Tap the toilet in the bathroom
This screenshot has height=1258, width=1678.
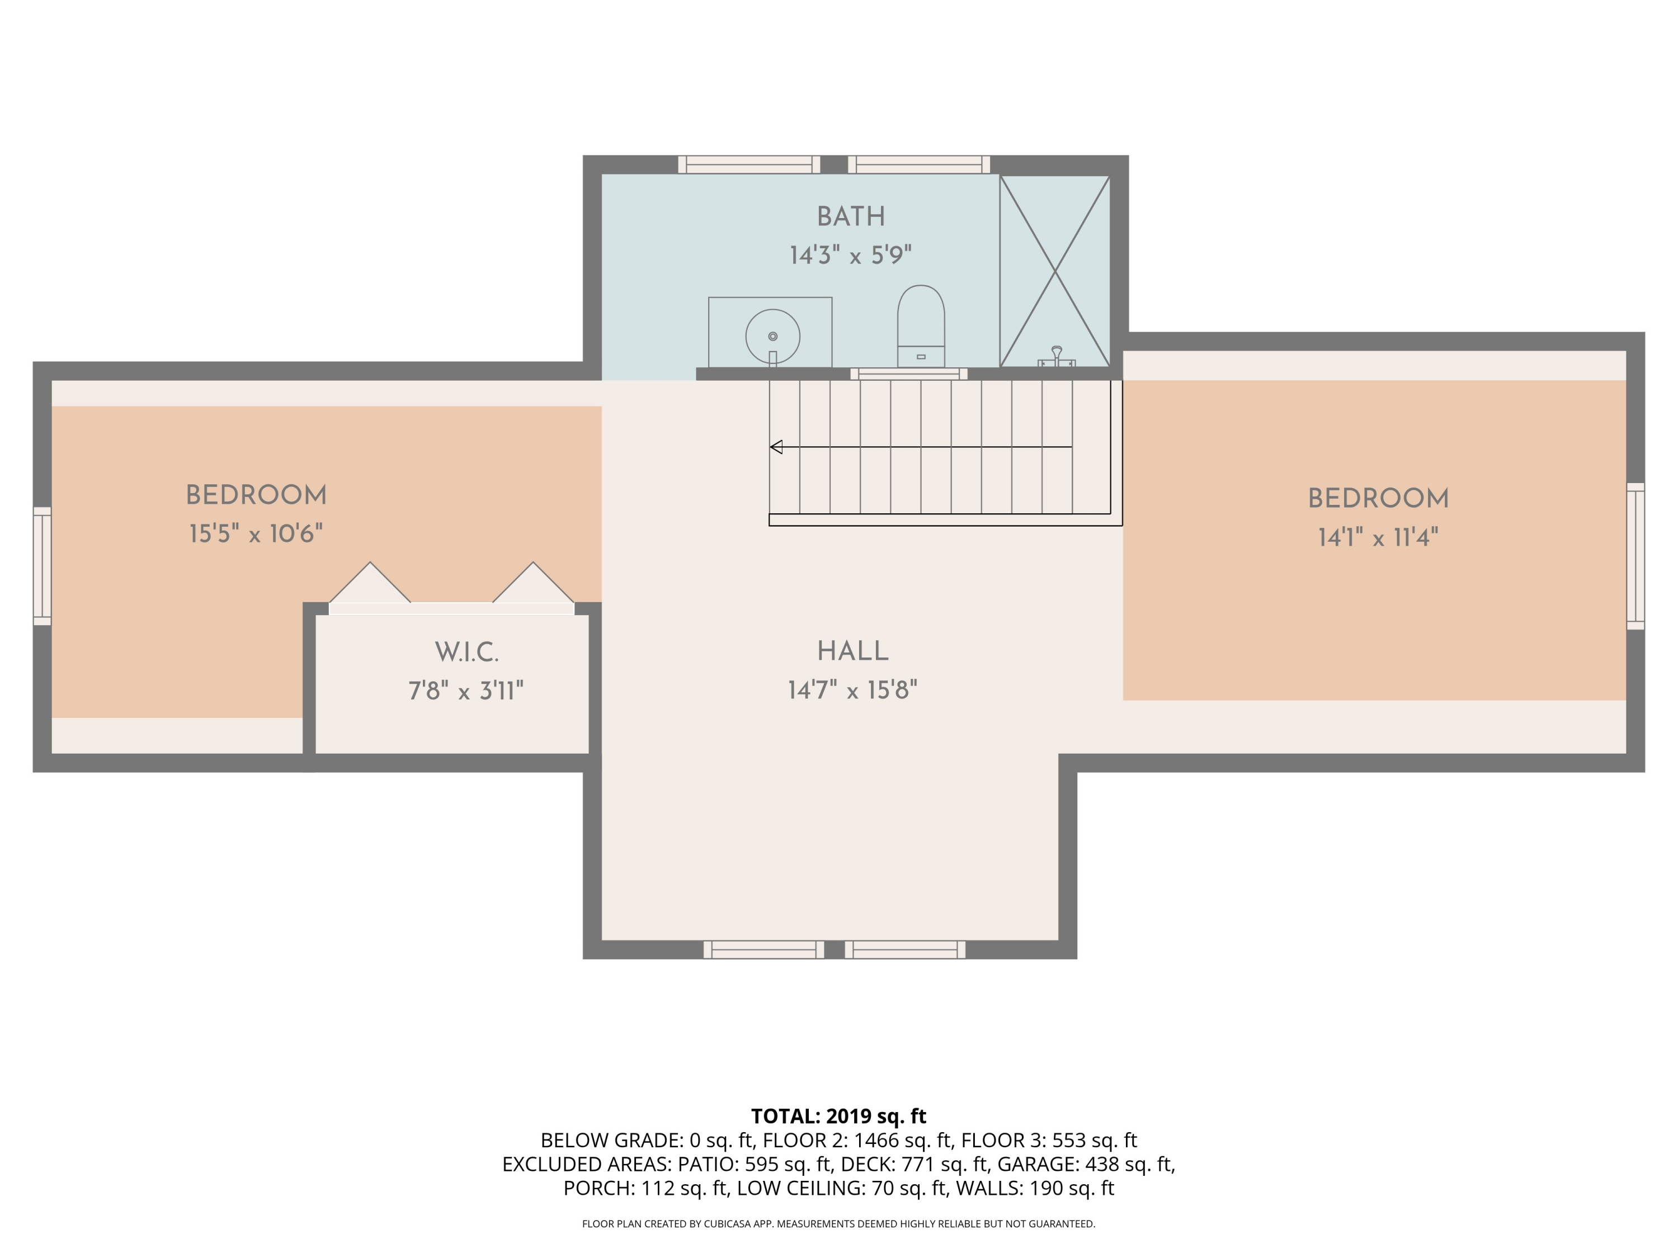click(920, 326)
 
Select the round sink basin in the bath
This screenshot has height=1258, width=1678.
click(772, 337)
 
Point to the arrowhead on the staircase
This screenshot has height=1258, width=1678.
click(776, 447)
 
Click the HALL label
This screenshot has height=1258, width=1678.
click(852, 651)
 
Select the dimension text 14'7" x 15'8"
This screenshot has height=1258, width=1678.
click(852, 690)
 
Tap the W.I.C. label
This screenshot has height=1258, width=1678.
click(466, 651)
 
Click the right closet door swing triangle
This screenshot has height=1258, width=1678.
click(533, 584)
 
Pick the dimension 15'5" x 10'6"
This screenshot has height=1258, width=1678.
click(256, 534)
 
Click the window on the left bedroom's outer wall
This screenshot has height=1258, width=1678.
click(43, 566)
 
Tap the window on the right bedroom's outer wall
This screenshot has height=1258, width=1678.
click(1635, 556)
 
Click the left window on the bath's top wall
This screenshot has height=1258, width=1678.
click(749, 164)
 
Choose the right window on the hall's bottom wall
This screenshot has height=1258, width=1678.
click(904, 949)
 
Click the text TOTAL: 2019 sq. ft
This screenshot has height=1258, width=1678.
click(838, 1116)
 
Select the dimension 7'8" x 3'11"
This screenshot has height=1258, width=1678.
click(466, 691)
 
